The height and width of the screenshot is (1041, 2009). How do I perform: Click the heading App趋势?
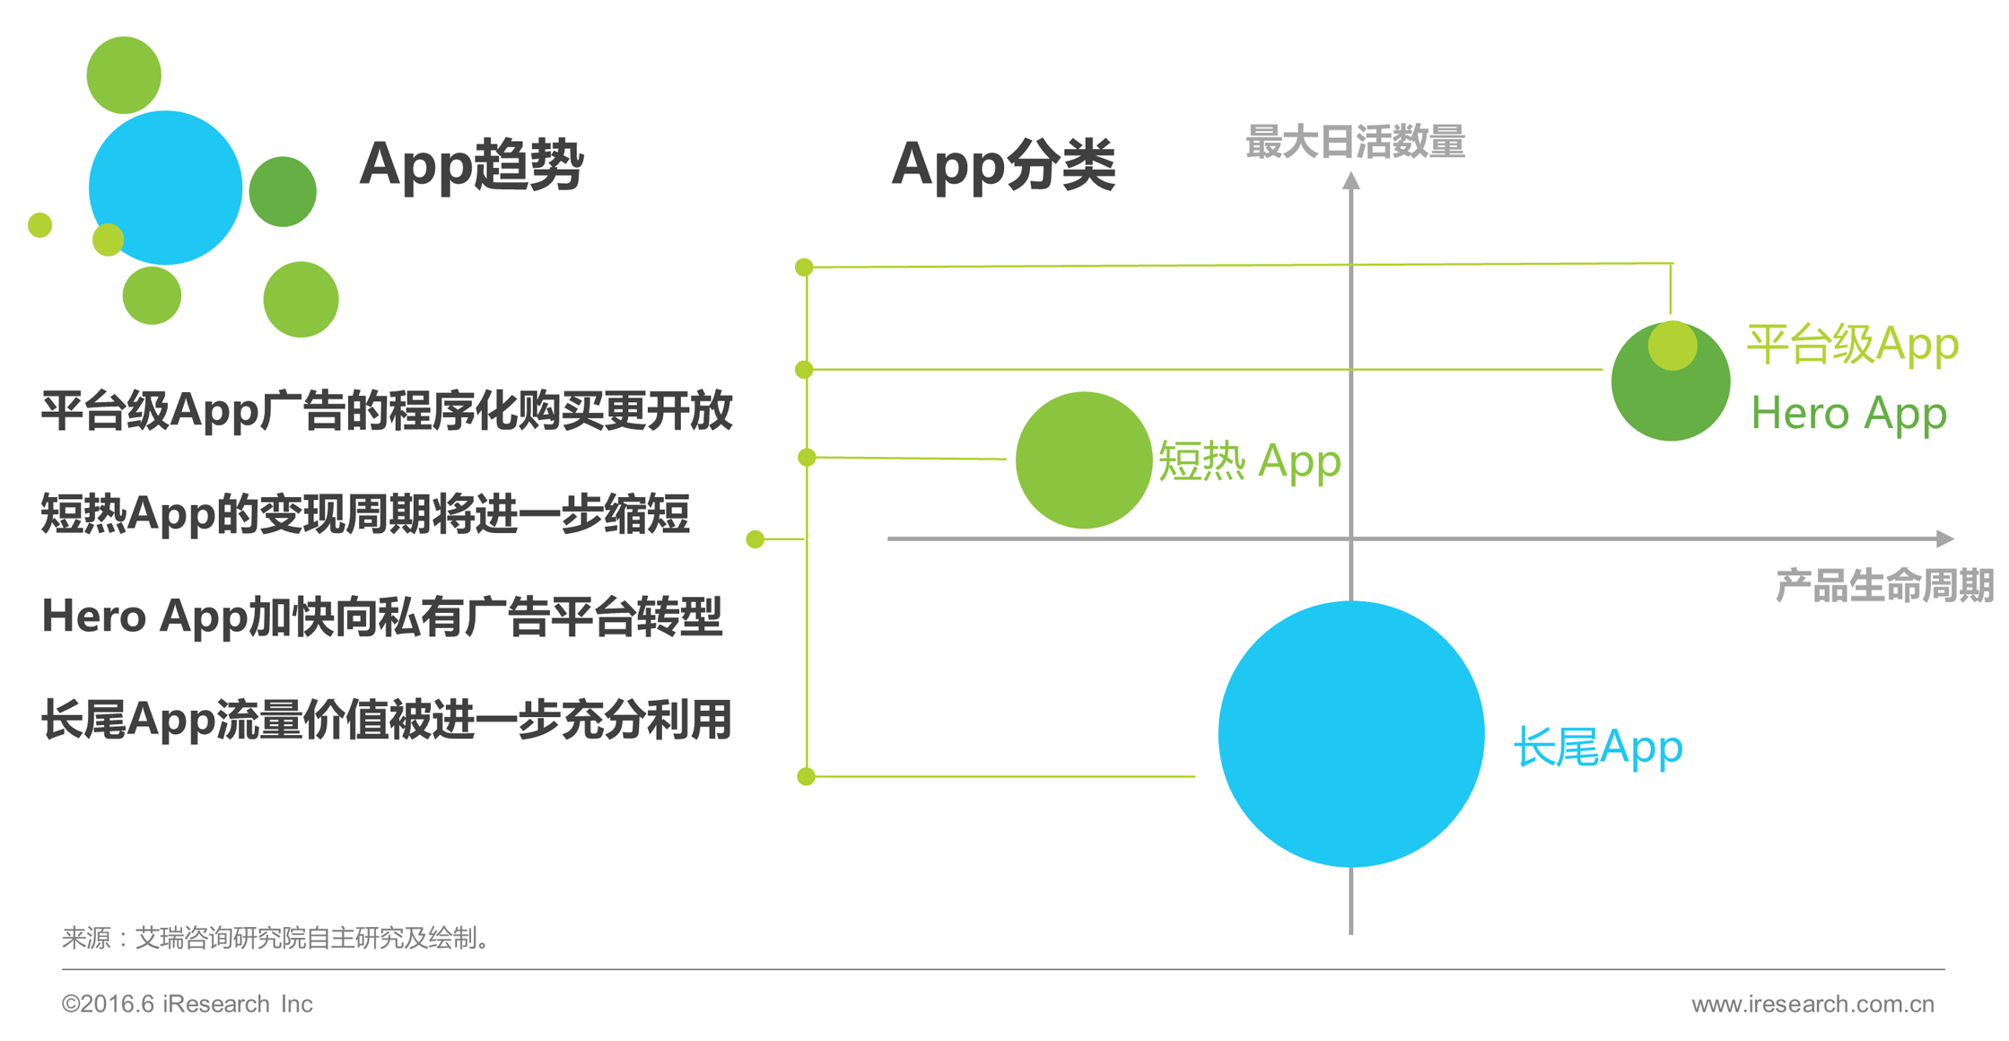(471, 164)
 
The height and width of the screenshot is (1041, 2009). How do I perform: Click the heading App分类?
(1003, 164)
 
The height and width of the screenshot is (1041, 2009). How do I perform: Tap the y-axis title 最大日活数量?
(1355, 142)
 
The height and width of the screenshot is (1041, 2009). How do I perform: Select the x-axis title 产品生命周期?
(1884, 585)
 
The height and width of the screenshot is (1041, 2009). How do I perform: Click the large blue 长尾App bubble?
(1351, 734)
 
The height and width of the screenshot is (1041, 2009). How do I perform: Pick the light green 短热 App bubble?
(1084, 459)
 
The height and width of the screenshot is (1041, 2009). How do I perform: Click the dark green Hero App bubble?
(1671, 381)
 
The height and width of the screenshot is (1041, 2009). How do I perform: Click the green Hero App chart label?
(1848, 414)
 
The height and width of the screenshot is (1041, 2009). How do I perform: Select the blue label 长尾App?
(1598, 747)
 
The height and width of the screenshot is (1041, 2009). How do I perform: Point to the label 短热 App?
(1249, 461)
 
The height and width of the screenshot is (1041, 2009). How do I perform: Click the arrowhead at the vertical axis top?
(1351, 180)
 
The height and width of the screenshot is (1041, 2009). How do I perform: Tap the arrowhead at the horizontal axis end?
(1945, 538)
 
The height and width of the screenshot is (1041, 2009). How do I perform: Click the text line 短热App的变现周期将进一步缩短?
(365, 513)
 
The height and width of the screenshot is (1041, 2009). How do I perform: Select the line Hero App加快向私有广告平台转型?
(382, 617)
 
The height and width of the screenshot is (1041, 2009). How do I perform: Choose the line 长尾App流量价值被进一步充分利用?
(387, 720)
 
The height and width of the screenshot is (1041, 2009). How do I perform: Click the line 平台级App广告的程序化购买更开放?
(387, 411)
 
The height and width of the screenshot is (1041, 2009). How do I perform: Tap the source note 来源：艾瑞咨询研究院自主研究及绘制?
(276, 938)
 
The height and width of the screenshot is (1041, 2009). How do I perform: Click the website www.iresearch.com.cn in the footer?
(1812, 1003)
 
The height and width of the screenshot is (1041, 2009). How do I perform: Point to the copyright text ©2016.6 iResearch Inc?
(187, 1003)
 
